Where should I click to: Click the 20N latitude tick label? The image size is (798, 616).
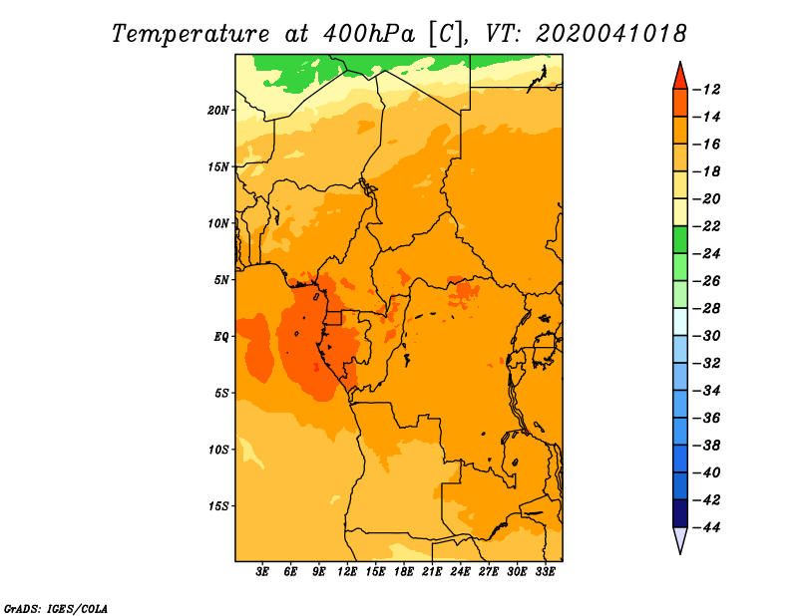pyautogui.click(x=218, y=111)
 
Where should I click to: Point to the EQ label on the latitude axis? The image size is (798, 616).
pyautogui.click(x=221, y=337)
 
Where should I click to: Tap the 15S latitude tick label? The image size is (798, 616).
pyautogui.click(x=218, y=506)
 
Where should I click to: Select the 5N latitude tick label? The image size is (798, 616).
pyautogui.click(x=221, y=280)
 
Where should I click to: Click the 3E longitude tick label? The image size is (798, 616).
pyautogui.click(x=262, y=571)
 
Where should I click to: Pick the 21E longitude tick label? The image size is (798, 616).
pyautogui.click(x=432, y=571)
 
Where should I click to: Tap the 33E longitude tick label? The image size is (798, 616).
pyautogui.click(x=545, y=571)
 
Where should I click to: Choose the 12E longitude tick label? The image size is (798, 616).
pyautogui.click(x=347, y=571)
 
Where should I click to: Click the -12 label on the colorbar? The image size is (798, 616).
pyautogui.click(x=706, y=90)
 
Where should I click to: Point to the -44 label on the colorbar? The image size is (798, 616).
pyautogui.click(x=706, y=527)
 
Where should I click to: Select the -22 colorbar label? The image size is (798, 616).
pyautogui.click(x=706, y=226)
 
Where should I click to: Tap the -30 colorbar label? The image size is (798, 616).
pyautogui.click(x=706, y=336)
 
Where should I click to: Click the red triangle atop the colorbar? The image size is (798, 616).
pyautogui.click(x=680, y=78)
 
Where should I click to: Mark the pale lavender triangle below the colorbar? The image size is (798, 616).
pyautogui.click(x=680, y=538)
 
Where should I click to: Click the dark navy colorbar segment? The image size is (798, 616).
pyautogui.click(x=680, y=513)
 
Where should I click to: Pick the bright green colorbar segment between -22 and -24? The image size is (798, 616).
pyautogui.click(x=680, y=239)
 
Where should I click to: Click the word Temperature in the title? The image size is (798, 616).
pyautogui.click(x=191, y=34)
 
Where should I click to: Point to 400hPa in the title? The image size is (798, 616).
pyautogui.click(x=369, y=34)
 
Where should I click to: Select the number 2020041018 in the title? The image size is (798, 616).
pyautogui.click(x=611, y=34)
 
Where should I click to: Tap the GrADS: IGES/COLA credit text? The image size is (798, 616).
pyautogui.click(x=56, y=608)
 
